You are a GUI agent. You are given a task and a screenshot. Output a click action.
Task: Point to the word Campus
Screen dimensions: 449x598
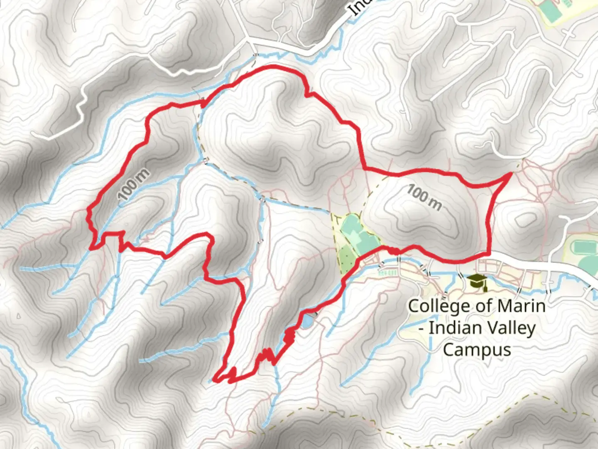coord(477,349)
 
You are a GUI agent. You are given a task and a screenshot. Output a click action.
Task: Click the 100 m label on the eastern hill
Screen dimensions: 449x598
coord(424,197)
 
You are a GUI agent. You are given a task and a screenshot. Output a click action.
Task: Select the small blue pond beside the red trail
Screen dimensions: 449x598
coord(306,321)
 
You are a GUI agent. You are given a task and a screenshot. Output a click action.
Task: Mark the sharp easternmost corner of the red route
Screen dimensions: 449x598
coord(510,175)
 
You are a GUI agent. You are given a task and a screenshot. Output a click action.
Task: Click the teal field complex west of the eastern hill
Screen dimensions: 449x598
coord(357,233)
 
